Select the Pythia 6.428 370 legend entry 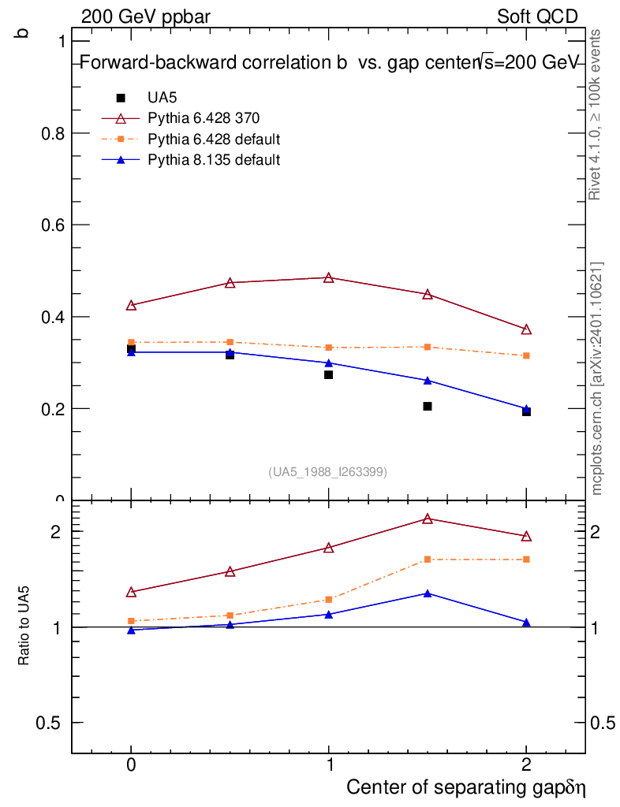point(181,118)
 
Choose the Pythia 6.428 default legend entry point(191,139)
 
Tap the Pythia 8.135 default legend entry point(191,159)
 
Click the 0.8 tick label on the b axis point(54,133)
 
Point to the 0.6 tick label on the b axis point(54,225)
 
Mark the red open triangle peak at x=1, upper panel point(329,278)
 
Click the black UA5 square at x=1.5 point(428,406)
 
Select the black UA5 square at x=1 point(329,374)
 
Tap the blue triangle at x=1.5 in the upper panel point(428,381)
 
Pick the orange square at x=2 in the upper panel point(526,355)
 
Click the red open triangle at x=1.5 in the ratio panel point(428,519)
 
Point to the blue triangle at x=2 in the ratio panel point(526,623)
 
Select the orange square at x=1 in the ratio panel point(329,600)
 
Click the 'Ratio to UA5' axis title point(24,626)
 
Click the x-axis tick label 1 point(330,764)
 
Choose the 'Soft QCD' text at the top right point(538,17)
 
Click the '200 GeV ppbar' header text point(146,17)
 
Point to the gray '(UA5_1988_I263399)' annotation point(327,472)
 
